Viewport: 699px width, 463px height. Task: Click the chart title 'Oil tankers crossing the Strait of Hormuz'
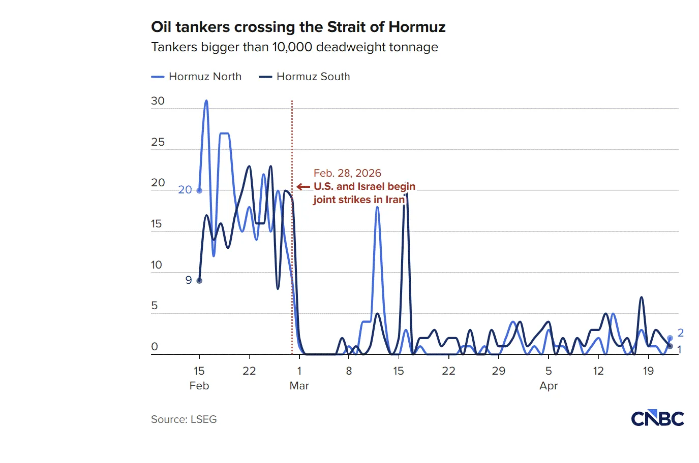pyautogui.click(x=298, y=27)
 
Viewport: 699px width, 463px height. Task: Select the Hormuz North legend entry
pyautogui.click(x=197, y=77)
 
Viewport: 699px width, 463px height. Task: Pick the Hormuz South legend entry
pyautogui.click(x=305, y=77)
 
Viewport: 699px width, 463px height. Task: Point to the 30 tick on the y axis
pyautogui.click(x=158, y=101)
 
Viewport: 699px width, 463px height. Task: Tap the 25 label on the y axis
pyautogui.click(x=158, y=142)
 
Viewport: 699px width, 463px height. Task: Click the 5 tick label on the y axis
pyautogui.click(x=155, y=306)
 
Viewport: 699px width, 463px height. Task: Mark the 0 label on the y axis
pyautogui.click(x=155, y=347)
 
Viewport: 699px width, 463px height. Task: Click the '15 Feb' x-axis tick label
pyautogui.click(x=199, y=378)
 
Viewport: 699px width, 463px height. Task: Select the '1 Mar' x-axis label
pyautogui.click(x=299, y=378)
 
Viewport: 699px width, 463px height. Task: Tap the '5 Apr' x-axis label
pyautogui.click(x=549, y=378)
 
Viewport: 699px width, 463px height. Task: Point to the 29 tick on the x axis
pyautogui.click(x=499, y=371)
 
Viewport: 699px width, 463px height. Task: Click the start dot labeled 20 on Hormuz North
pyautogui.click(x=199, y=190)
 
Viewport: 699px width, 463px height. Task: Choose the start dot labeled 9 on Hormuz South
pyautogui.click(x=199, y=280)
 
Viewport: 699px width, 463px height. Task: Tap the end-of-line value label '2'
pyautogui.click(x=681, y=333)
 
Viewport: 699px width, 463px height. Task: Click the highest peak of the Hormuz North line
pyautogui.click(x=206, y=101)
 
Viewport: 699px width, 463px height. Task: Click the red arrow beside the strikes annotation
pyautogui.click(x=303, y=187)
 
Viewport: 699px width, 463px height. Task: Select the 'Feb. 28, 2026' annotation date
pyautogui.click(x=347, y=173)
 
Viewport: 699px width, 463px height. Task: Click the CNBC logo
pyautogui.click(x=657, y=419)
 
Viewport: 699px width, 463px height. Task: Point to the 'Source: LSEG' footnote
pyautogui.click(x=184, y=419)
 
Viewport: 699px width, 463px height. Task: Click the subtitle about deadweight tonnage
pyautogui.click(x=294, y=47)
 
